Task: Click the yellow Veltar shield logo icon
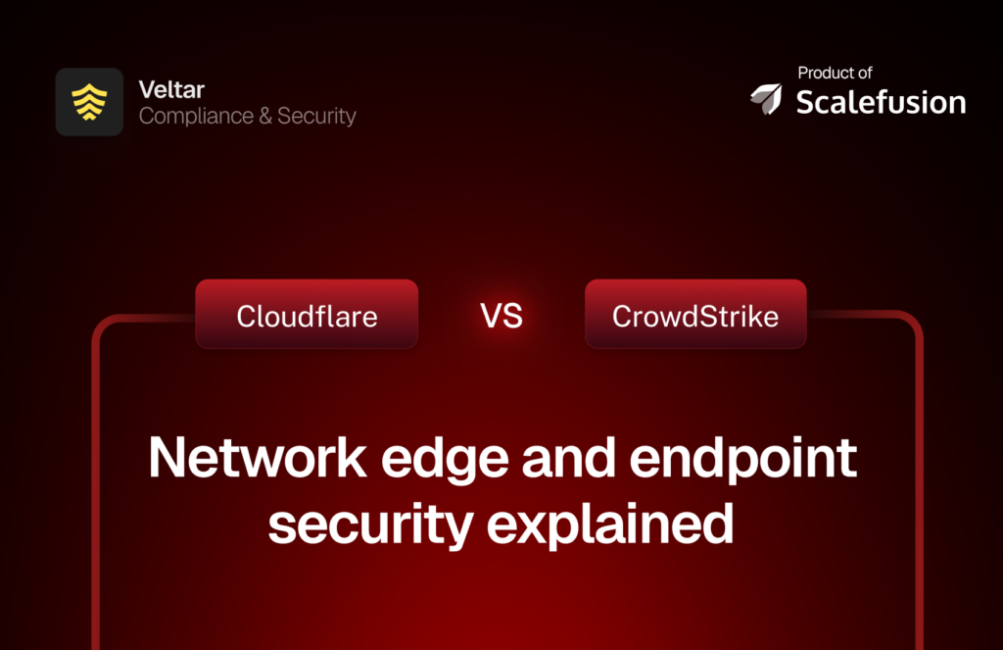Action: [x=89, y=102]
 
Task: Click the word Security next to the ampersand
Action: [x=316, y=116]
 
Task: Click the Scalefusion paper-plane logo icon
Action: [x=767, y=97]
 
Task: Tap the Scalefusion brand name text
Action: [x=881, y=102]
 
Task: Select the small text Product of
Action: [x=835, y=73]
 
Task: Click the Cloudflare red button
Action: [x=307, y=315]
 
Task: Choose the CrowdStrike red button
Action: [x=695, y=315]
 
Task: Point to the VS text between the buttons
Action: [x=501, y=316]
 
